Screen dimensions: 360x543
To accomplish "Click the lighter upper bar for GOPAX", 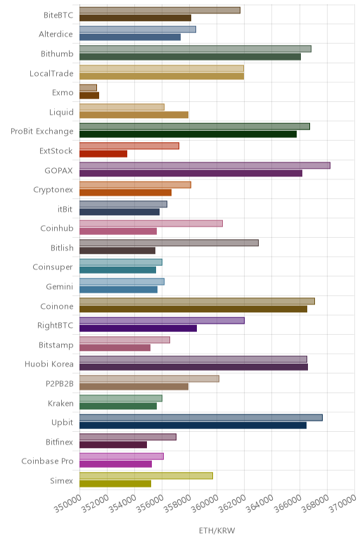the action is [205, 165].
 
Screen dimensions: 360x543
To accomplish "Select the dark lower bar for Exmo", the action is [89, 96].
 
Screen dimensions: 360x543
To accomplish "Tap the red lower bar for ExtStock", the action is [103, 154].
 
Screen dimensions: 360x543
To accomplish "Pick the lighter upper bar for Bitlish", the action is [169, 243].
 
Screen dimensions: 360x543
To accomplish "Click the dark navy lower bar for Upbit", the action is [193, 426].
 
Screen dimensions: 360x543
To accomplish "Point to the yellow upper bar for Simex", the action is [146, 475].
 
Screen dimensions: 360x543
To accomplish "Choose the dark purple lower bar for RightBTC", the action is [138, 328].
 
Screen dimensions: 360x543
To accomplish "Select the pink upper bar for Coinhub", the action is [151, 224].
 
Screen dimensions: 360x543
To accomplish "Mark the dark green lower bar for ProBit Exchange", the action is [188, 134].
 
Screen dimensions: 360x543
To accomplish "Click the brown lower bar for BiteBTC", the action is [135, 18].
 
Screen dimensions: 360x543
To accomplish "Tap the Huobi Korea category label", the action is [49, 364].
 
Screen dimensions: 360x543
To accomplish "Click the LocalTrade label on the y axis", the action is [51, 73].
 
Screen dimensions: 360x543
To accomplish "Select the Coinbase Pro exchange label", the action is [47, 461].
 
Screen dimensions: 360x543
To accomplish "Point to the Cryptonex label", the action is [53, 190].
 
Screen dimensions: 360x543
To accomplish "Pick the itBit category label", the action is [65, 209].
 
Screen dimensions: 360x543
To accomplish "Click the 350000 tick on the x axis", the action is [67, 504].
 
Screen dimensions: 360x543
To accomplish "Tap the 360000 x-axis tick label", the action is [205, 504].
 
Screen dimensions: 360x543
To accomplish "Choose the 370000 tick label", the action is [342, 504].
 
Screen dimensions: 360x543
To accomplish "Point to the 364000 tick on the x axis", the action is [260, 504].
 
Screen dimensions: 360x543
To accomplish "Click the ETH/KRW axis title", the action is [217, 530].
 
